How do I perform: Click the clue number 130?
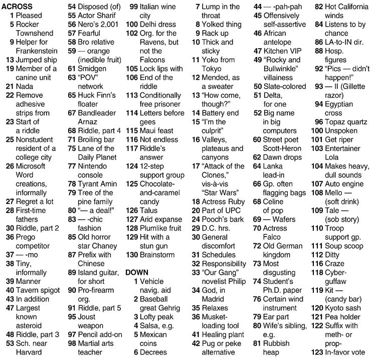pos(132,254)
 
